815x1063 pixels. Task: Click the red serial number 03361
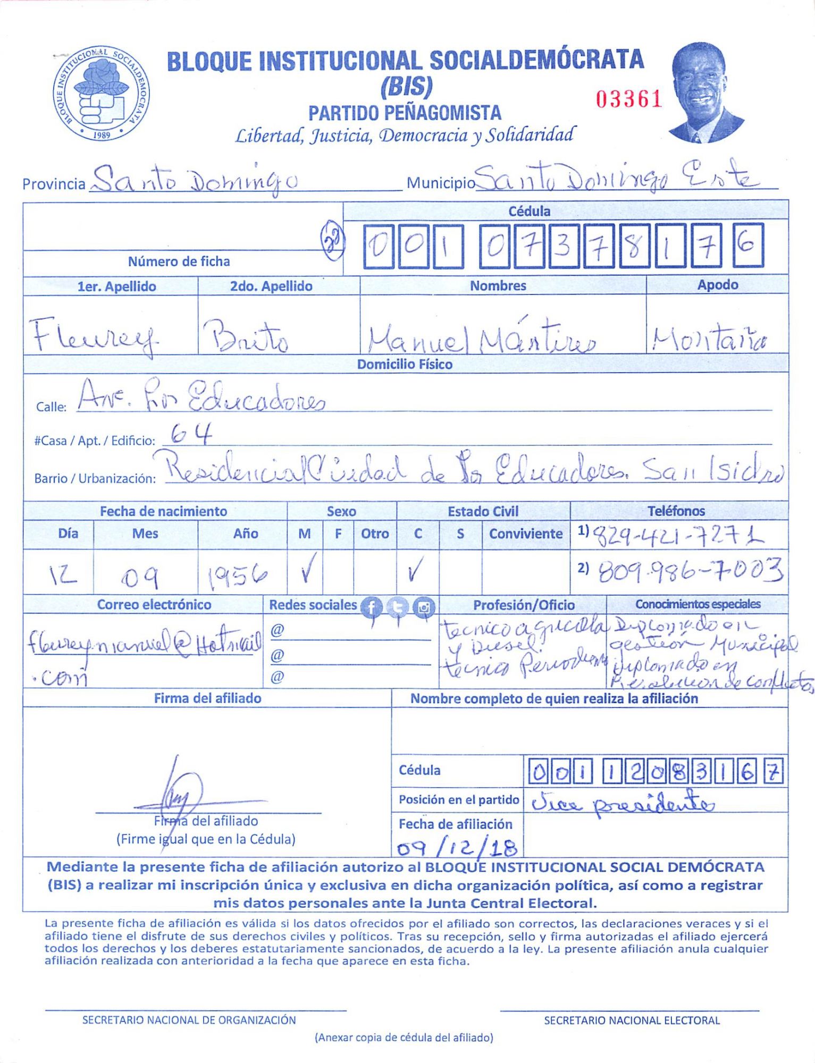(628, 99)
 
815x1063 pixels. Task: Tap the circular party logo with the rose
(101, 93)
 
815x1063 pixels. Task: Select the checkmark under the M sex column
(307, 568)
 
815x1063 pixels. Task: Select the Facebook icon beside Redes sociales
(371, 607)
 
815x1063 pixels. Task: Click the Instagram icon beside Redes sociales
(424, 607)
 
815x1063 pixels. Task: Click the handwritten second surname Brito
(246, 337)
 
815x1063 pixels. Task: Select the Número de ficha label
(179, 261)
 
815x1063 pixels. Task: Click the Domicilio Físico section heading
(405, 365)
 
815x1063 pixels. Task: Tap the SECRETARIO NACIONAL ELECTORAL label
(632, 1020)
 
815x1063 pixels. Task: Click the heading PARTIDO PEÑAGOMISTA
(405, 113)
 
